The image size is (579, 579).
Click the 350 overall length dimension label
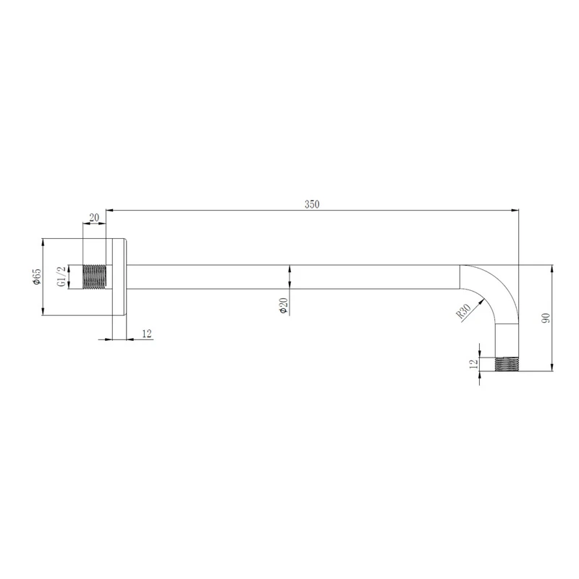(x=312, y=204)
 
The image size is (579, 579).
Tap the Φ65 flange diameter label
(x=37, y=276)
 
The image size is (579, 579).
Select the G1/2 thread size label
(x=62, y=276)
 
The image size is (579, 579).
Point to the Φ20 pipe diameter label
(x=284, y=305)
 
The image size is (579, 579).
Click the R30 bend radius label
(x=463, y=311)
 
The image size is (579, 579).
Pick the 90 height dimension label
(x=546, y=318)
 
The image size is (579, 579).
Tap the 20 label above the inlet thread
(x=94, y=218)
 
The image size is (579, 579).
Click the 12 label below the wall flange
(x=147, y=334)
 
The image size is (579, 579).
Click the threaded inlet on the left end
(x=95, y=276)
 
